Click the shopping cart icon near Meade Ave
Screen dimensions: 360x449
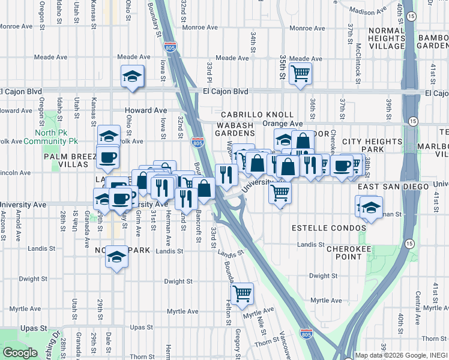(300, 74)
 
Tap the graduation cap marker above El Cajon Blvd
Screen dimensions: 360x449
(132, 76)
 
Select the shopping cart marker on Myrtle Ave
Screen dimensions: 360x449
(242, 294)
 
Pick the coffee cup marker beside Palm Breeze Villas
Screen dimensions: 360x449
(107, 158)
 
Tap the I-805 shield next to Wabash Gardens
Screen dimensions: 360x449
(197, 142)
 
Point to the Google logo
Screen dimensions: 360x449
(20, 353)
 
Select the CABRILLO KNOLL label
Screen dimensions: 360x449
(257, 115)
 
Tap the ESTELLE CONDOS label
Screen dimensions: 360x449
(328, 229)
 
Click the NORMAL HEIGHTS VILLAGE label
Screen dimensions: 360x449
(387, 39)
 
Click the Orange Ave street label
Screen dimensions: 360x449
(282, 124)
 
